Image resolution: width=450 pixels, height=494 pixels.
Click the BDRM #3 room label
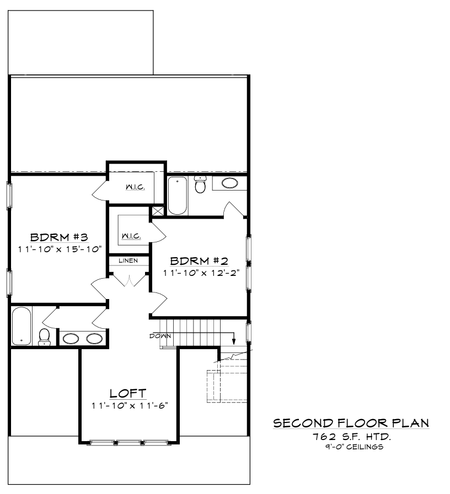click(x=59, y=237)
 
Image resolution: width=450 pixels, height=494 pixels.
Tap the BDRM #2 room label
click(x=199, y=261)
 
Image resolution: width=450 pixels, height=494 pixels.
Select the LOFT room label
click(x=128, y=393)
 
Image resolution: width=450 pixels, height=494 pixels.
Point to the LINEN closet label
click(x=128, y=260)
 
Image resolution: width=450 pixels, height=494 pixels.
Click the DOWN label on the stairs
click(x=160, y=336)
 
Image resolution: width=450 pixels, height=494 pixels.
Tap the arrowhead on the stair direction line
click(x=234, y=341)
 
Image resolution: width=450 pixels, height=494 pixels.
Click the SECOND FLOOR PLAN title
click(x=351, y=423)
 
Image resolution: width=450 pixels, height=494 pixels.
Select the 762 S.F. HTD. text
click(x=352, y=437)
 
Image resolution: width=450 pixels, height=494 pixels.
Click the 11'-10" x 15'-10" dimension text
click(x=60, y=249)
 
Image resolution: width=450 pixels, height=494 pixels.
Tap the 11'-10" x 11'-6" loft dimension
click(x=130, y=405)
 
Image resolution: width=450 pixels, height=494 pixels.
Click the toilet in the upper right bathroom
click(x=200, y=184)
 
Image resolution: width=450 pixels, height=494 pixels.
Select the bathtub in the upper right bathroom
click(x=178, y=196)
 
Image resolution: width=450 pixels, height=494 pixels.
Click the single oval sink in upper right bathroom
click(x=230, y=183)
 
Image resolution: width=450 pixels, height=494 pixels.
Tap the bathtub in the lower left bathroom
click(x=22, y=326)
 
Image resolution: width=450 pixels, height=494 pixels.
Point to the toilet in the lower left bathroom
click(x=45, y=337)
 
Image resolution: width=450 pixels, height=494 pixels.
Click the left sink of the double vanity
click(x=71, y=339)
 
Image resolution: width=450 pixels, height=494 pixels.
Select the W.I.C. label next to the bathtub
click(x=135, y=187)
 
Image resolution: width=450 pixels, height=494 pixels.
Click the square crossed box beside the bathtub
click(x=158, y=210)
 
